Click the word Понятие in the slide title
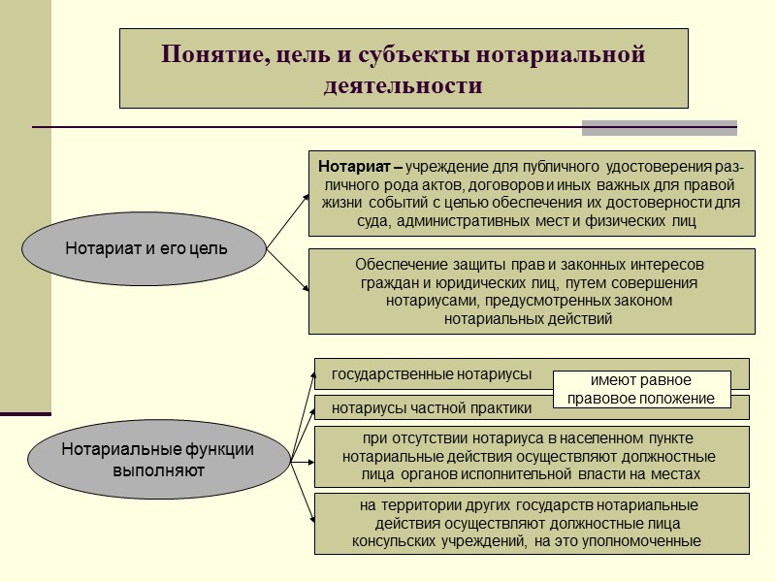point(206,55)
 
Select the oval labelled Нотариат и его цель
point(146,248)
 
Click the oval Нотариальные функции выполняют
point(158,458)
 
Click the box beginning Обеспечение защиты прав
point(531,291)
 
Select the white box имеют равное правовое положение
point(641,389)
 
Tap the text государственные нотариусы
point(432,374)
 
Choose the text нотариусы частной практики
point(432,407)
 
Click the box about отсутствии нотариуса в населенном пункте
point(531,456)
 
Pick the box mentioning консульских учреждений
point(531,524)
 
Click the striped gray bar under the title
point(659,128)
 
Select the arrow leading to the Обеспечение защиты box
point(288,270)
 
